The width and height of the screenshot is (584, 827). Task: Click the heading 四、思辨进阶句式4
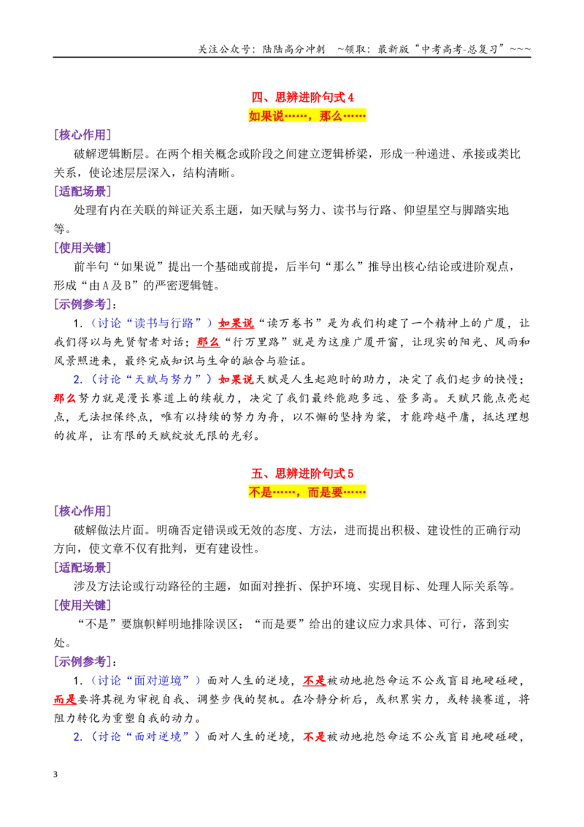point(302,97)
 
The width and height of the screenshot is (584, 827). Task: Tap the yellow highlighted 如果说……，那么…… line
point(307,116)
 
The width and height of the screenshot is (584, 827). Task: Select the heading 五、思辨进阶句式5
point(302,473)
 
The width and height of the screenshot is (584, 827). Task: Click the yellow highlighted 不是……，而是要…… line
point(307,492)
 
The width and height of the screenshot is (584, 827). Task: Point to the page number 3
point(55,774)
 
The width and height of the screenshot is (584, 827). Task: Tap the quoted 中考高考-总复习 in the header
point(460,49)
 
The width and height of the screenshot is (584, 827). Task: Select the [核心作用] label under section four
point(82,135)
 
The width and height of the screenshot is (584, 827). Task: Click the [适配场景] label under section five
point(82,568)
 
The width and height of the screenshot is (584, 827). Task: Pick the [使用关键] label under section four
point(82,248)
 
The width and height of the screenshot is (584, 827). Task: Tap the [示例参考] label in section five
point(82,661)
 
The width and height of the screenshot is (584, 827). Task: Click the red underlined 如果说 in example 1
point(236,324)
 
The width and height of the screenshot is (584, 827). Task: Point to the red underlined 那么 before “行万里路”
point(208,343)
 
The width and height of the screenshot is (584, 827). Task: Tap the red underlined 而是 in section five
point(66,699)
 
